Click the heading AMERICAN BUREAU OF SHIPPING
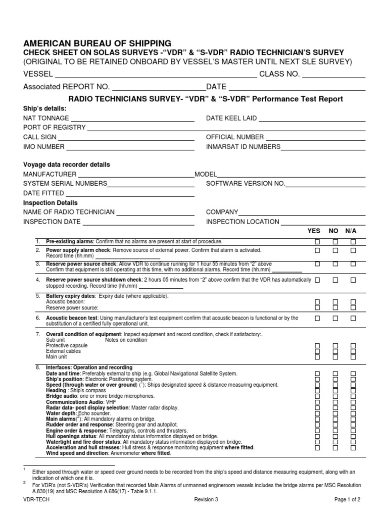click(97, 43)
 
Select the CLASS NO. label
click(279, 75)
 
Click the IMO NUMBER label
click(44, 147)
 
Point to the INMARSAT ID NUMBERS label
click(243, 147)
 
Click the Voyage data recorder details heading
click(67, 165)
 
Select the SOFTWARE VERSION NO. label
click(246, 184)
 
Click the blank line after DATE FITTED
click(130, 195)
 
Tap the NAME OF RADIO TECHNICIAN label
click(69, 212)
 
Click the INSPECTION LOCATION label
click(243, 222)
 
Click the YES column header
click(314, 231)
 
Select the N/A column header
click(351, 231)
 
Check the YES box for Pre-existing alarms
click(318, 242)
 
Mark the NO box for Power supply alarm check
click(335, 250)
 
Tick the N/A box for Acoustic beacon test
click(353, 319)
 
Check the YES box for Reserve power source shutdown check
click(318, 280)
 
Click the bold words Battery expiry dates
click(71, 296)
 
